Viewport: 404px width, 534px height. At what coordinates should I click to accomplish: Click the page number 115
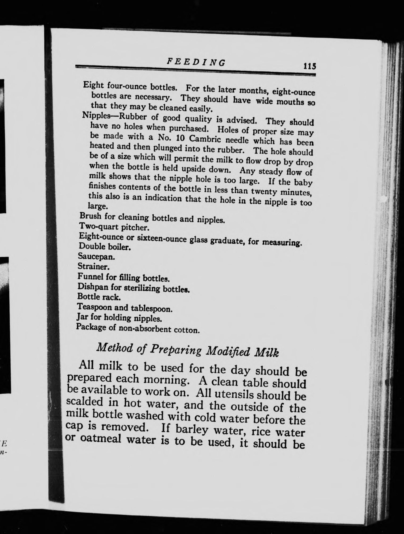click(x=309, y=65)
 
